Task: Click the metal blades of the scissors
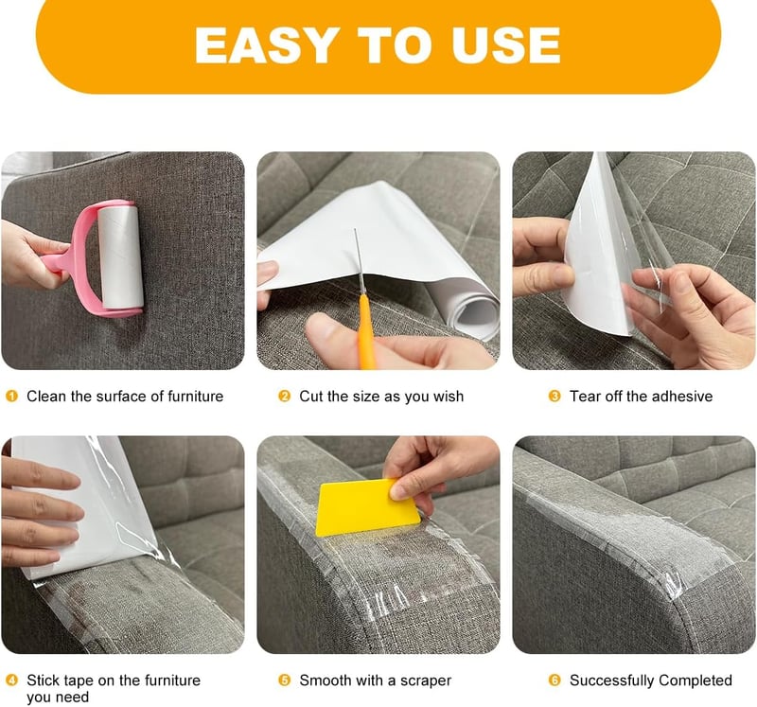pyautogui.click(x=359, y=261)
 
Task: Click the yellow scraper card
pyautogui.click(x=366, y=507)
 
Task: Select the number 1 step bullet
pyautogui.click(x=11, y=397)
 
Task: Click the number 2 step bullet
pyautogui.click(x=285, y=397)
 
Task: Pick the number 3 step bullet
pyautogui.click(x=555, y=397)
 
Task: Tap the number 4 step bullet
pyautogui.click(x=11, y=680)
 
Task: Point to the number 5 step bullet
pyautogui.click(x=285, y=680)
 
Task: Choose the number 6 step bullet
pyautogui.click(x=555, y=680)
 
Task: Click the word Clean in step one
pyautogui.click(x=46, y=397)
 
